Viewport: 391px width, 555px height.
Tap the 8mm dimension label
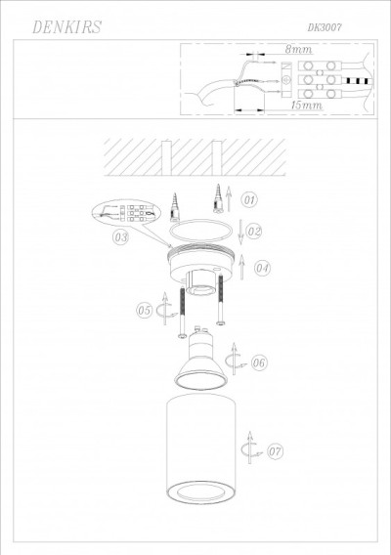pyautogui.click(x=297, y=49)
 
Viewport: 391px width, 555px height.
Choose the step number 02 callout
pyautogui.click(x=253, y=232)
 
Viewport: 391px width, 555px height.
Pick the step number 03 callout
pyautogui.click(x=121, y=236)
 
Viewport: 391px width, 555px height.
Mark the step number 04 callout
pyautogui.click(x=261, y=267)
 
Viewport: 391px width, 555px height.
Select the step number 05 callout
pyautogui.click(x=144, y=311)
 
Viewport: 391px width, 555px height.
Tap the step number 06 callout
pyautogui.click(x=259, y=363)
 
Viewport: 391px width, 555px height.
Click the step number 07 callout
pyautogui.click(x=275, y=451)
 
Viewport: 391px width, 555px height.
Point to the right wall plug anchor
pyautogui.click(x=213, y=204)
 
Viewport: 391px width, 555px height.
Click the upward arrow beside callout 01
pyautogui.click(x=228, y=199)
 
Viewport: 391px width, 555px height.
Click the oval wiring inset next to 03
pyautogui.click(x=133, y=216)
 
